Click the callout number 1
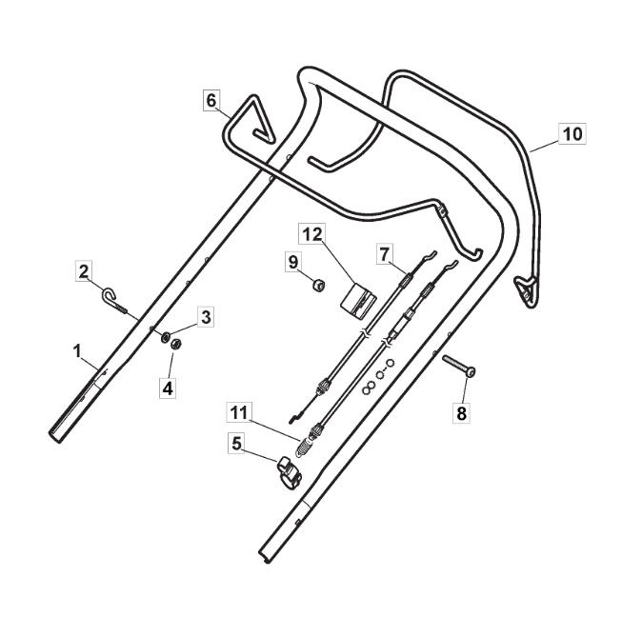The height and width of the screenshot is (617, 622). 77,351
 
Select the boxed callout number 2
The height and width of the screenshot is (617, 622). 84,271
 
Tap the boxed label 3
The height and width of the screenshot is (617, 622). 206,317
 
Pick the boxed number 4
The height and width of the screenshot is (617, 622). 168,388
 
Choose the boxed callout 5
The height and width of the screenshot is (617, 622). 236,444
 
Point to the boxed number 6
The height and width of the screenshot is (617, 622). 211,101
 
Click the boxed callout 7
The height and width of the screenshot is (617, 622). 384,254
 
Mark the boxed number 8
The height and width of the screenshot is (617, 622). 462,413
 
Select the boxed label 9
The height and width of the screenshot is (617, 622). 293,262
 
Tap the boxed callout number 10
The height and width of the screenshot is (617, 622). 572,134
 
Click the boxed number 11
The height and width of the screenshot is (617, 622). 239,412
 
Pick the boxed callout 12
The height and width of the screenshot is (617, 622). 311,234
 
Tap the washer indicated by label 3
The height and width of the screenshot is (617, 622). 165,337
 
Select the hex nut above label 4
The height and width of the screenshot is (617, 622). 175,344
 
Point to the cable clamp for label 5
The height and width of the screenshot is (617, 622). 290,472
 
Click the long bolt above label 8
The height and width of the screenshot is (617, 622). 459,366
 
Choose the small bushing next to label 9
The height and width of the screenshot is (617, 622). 318,285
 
